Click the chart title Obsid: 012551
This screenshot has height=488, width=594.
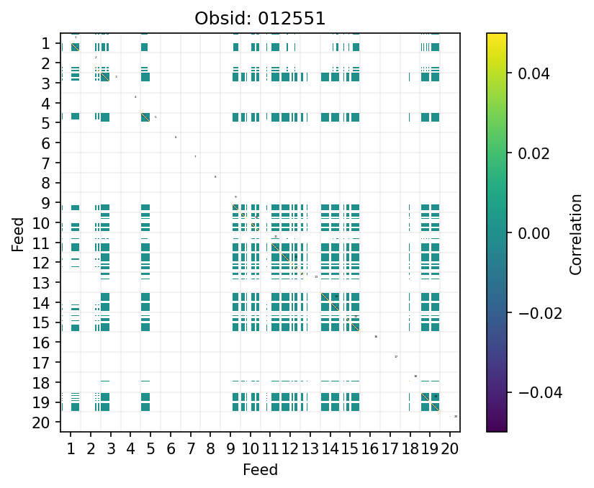(260, 19)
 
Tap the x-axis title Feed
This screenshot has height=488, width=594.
(260, 471)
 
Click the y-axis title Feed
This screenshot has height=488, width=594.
(19, 233)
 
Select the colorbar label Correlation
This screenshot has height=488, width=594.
(575, 233)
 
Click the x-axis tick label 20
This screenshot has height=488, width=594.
(450, 450)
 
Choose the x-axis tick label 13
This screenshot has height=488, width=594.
(310, 450)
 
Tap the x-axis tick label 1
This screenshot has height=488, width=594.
(71, 450)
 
